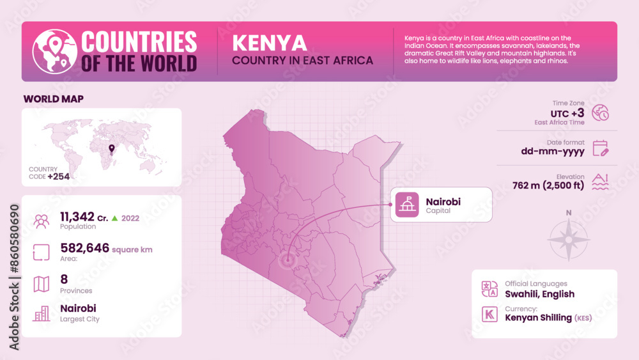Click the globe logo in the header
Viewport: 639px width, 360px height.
coord(54,51)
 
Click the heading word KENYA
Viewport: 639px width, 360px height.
coord(269,43)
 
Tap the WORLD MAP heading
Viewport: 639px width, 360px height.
coord(53,98)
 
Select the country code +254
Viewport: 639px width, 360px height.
coord(58,176)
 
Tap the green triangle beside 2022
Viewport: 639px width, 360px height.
coord(114,218)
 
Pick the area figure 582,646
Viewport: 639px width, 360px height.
coord(84,248)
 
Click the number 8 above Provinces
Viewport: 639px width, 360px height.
coord(64,279)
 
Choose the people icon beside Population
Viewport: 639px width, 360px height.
coord(42,221)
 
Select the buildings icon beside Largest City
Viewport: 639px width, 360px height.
coord(42,313)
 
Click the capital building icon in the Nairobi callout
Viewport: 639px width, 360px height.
coord(407,205)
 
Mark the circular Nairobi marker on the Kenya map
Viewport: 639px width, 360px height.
coord(287,260)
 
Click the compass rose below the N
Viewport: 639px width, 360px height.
coord(568,240)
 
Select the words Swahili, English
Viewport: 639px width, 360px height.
coord(539,294)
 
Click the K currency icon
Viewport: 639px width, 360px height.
coord(489,314)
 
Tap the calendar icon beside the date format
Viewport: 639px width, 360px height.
coord(600,148)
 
